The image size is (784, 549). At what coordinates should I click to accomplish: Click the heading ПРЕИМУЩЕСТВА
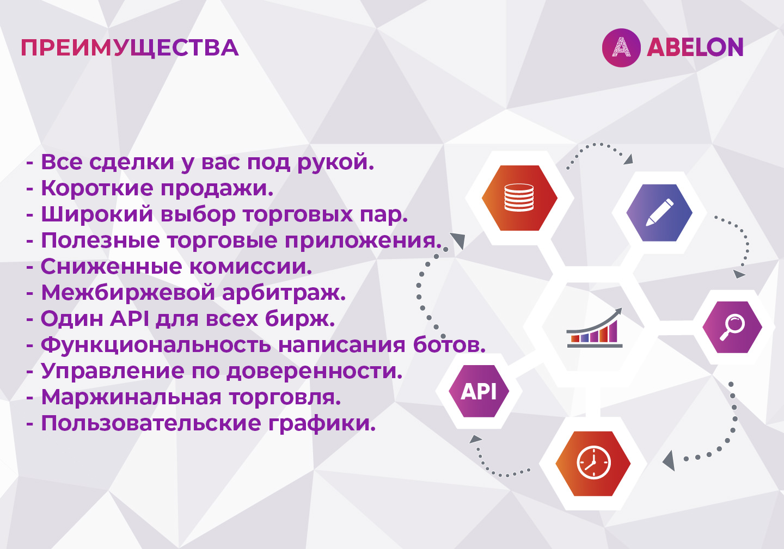130,48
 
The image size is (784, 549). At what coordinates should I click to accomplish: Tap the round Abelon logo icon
621,48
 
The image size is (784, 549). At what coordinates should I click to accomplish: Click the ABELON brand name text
695,47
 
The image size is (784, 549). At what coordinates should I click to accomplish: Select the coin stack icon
519,198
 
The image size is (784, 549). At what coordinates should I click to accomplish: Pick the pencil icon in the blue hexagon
659,213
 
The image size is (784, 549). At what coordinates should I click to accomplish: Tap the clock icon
593,463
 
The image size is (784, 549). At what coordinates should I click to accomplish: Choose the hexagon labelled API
479,391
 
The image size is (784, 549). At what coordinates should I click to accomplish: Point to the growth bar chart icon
595,328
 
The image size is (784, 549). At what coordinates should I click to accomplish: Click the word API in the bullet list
130,318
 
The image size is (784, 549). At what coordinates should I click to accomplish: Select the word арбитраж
284,293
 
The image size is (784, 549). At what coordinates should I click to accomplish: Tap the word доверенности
314,372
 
